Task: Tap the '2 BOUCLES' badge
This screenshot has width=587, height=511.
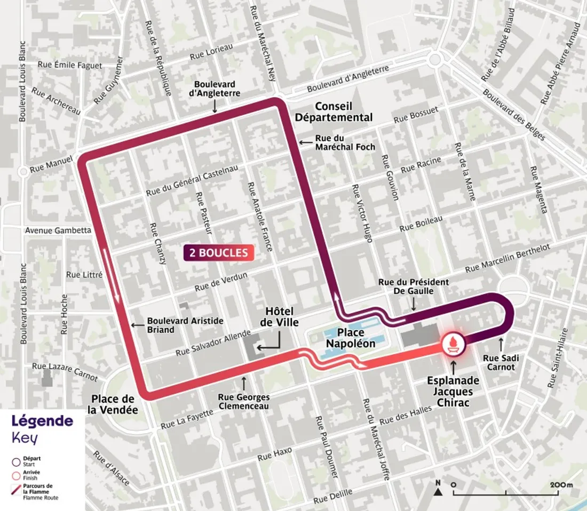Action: (217, 252)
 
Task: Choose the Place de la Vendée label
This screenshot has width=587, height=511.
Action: (114, 404)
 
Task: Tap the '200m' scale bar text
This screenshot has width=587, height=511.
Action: (561, 485)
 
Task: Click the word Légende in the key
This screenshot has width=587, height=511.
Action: (42, 421)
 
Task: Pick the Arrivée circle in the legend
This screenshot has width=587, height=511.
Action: (17, 474)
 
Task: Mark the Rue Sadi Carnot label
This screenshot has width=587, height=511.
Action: (500, 362)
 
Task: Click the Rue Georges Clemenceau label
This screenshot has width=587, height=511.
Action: (244, 402)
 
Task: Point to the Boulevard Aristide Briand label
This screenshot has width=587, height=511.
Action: (185, 325)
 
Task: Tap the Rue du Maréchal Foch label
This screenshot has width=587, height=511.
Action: (345, 142)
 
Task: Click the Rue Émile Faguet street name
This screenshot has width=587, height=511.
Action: (70, 65)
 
